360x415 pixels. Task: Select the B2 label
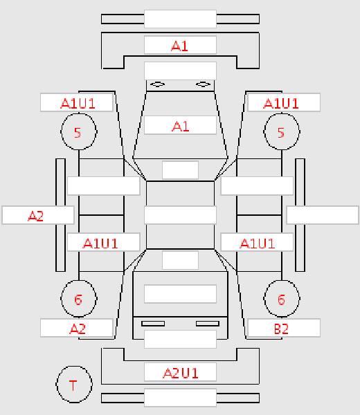[281, 329]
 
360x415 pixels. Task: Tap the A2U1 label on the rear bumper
[181, 373]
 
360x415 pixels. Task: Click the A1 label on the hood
[181, 127]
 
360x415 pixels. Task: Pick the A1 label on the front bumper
[180, 46]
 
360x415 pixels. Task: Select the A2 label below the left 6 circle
[78, 329]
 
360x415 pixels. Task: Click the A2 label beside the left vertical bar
[35, 216]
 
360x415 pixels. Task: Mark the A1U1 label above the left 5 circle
[78, 103]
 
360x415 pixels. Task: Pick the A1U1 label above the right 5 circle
[281, 103]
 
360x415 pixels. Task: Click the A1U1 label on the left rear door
[100, 243]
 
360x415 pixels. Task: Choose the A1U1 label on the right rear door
[258, 243]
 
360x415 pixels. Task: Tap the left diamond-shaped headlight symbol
[158, 84]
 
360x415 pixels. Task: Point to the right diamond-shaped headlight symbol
[203, 84]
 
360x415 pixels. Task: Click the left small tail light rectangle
[153, 324]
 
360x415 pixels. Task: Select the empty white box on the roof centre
[180, 215]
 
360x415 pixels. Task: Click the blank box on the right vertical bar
[323, 215]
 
